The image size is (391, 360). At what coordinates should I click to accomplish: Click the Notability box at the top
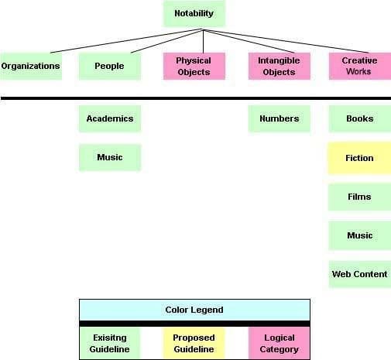coord(194,13)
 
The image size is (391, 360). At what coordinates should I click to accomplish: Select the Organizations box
coord(31,66)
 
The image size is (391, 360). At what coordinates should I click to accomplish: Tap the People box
coord(110,66)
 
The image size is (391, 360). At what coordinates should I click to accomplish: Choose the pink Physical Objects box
coord(194,66)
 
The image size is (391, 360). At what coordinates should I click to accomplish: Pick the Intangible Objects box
coord(280,66)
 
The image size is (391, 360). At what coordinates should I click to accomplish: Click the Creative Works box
coord(360,66)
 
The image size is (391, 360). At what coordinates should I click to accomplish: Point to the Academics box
coord(110,118)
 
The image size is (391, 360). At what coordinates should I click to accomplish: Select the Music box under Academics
coord(110,157)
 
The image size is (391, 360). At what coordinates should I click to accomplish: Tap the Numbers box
coord(280,118)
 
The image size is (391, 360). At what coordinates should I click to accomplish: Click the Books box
coord(360,118)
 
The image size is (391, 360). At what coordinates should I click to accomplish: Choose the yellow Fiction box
coord(359,158)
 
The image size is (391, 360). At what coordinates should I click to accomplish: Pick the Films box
coord(359,197)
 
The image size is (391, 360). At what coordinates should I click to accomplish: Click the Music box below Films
coord(360,235)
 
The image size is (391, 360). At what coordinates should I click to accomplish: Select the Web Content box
coord(360,274)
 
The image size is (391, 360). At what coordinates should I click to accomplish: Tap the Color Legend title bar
coord(194,310)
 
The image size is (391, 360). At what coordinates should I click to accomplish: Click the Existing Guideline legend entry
coord(110,343)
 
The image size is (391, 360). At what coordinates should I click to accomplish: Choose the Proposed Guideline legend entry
coord(194,343)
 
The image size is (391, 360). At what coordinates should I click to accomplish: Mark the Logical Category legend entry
coord(279,343)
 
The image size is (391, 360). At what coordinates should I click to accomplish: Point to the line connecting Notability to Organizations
coord(125,41)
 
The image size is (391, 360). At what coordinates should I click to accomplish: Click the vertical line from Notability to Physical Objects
coord(204,42)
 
